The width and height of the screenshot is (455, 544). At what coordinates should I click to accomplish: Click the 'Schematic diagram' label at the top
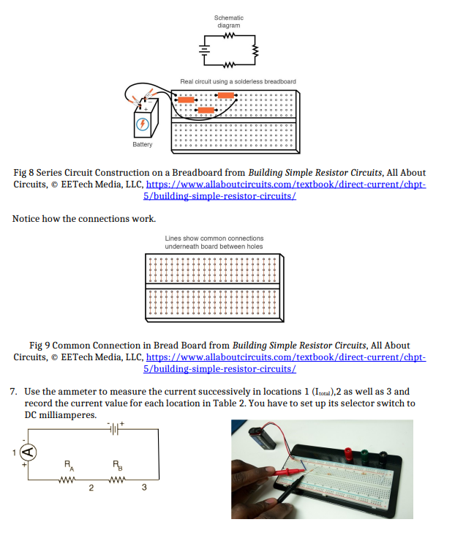[228, 21]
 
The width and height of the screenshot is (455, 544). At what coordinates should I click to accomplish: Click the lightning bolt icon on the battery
[143, 124]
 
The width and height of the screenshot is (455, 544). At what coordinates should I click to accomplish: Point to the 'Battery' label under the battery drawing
[143, 144]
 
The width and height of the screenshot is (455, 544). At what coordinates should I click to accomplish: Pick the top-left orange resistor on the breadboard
[186, 97]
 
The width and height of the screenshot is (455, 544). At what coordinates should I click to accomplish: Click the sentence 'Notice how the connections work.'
[84, 219]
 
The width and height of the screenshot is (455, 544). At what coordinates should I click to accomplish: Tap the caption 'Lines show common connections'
[214, 238]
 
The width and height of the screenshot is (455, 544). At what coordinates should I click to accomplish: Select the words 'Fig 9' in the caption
[42, 345]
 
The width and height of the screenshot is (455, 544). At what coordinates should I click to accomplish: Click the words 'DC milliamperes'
[60, 414]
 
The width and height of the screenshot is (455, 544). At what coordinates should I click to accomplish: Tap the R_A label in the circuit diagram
[67, 463]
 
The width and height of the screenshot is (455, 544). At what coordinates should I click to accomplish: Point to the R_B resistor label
[116, 463]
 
